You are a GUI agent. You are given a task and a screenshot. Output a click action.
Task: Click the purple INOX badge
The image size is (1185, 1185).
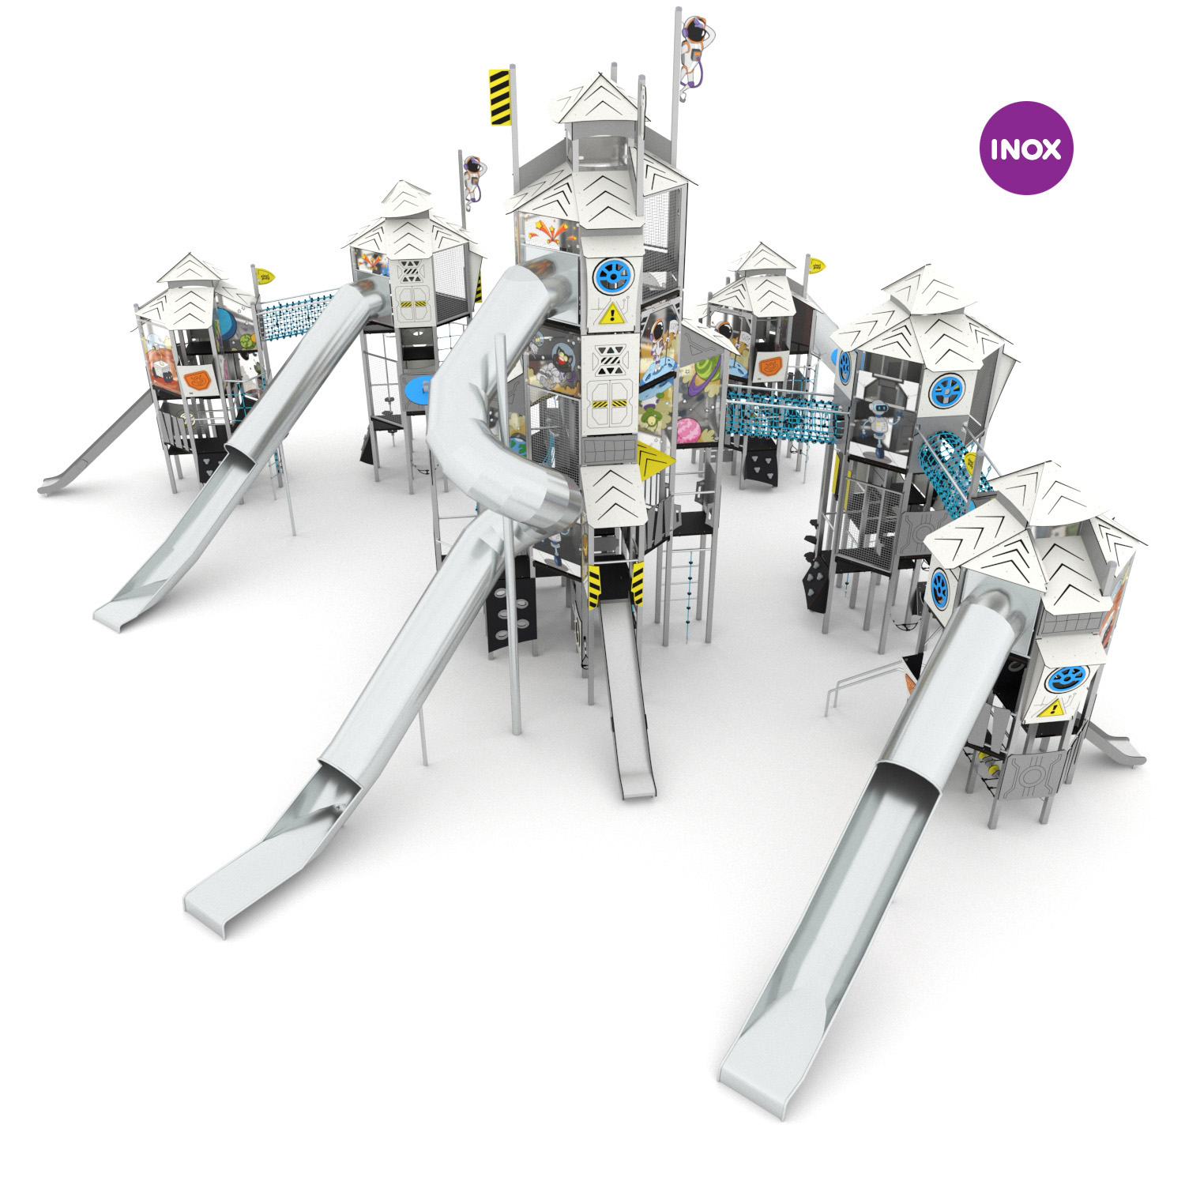(1025, 148)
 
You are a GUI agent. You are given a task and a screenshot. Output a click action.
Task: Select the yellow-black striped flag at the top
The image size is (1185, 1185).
(499, 97)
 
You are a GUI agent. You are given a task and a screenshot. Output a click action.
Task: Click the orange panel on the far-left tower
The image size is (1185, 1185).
(194, 382)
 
